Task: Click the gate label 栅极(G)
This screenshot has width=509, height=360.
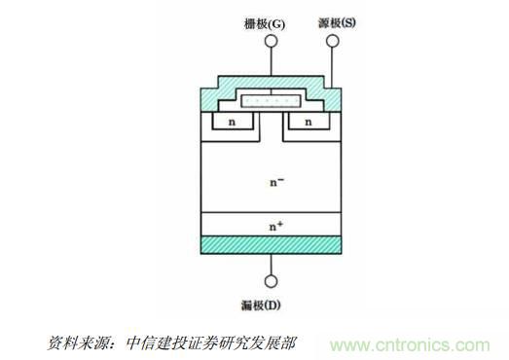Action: click(x=271, y=21)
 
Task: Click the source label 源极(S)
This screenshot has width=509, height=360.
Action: click(x=333, y=21)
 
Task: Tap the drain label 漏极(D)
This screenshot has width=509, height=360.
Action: click(x=271, y=305)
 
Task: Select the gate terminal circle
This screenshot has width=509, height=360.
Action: click(x=271, y=41)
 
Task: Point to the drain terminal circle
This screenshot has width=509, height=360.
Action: click(x=271, y=282)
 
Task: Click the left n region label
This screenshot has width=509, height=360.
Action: click(x=233, y=123)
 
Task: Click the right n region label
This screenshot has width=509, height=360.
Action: click(x=309, y=123)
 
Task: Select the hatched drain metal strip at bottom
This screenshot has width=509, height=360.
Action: click(x=271, y=246)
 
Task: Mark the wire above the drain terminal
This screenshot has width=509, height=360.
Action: click(x=271, y=266)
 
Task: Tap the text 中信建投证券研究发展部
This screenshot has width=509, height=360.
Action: click(x=214, y=343)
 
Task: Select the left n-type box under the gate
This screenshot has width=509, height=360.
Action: click(x=233, y=124)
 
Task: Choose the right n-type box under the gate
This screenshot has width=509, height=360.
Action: click(x=309, y=124)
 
